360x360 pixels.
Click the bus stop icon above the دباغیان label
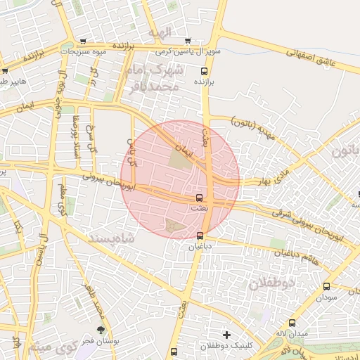pos(200,236)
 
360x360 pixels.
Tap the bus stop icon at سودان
pos(326,286)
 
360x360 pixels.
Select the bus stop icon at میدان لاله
pos(292,323)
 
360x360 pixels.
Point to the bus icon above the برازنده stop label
pos(205,71)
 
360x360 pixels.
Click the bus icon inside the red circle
pos(199,198)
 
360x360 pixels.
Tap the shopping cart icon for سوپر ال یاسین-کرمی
pos(187,41)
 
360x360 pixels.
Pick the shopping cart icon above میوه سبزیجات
pos(84,41)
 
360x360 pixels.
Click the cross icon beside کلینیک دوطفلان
pos(226,334)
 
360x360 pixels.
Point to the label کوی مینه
pos(53,347)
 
